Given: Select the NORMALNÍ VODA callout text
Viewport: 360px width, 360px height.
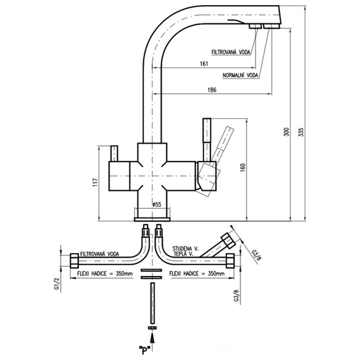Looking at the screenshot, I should (x=240, y=75).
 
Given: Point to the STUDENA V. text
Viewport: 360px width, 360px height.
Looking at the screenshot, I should (x=186, y=247).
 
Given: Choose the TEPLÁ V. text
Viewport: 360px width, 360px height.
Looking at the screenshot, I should (x=183, y=254).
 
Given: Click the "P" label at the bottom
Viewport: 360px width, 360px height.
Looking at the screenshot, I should (x=153, y=352).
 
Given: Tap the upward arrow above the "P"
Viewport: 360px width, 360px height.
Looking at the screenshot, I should (x=153, y=337).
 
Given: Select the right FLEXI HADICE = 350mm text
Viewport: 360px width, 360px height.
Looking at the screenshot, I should (x=197, y=274).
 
